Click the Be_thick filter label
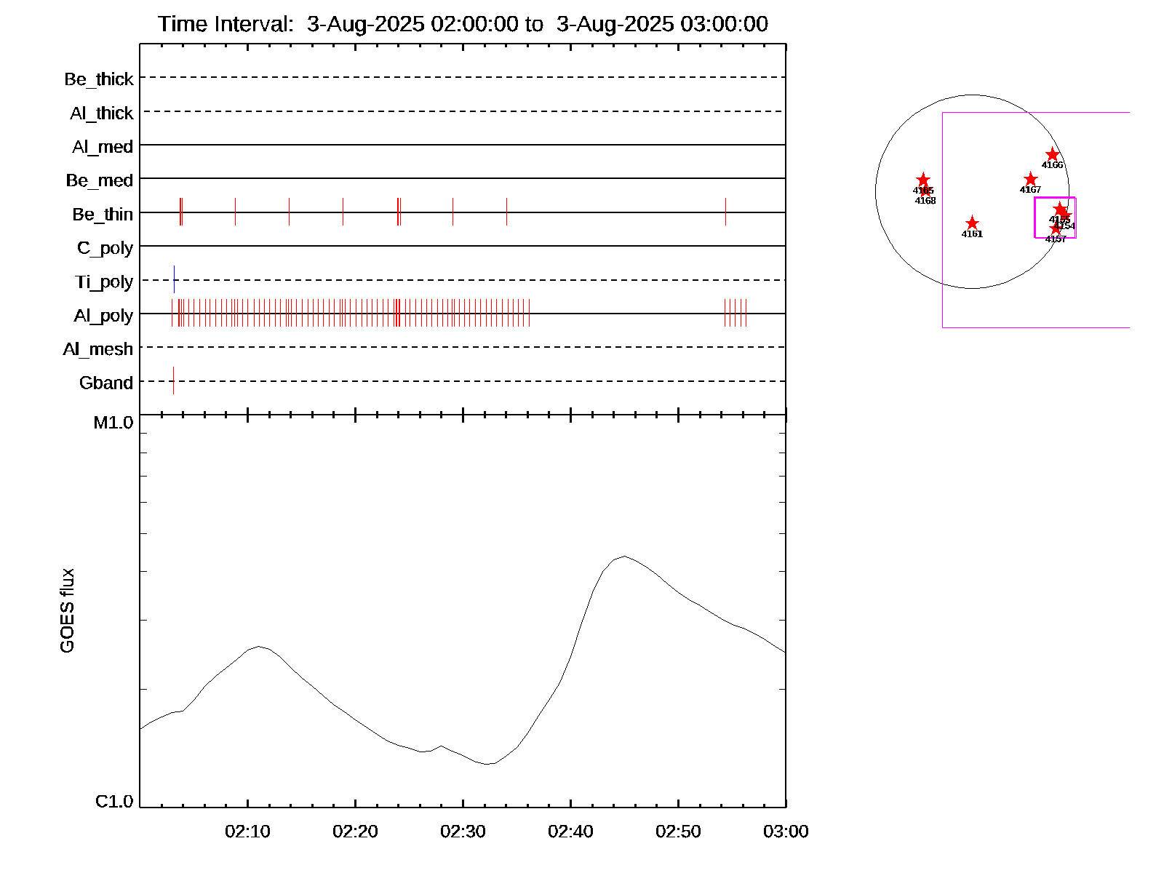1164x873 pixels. click(x=99, y=79)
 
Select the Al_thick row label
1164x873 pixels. click(x=102, y=113)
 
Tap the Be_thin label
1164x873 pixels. click(x=103, y=214)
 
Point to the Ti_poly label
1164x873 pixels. click(x=104, y=282)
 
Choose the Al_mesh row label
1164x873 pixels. click(x=98, y=349)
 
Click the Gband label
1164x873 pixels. click(x=106, y=383)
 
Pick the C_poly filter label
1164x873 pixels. click(x=105, y=248)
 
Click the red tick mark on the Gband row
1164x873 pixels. click(x=173, y=380)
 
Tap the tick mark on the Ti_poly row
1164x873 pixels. click(x=174, y=279)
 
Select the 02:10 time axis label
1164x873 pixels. click(x=247, y=832)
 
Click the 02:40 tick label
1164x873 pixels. click(x=570, y=832)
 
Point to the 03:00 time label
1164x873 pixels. click(x=786, y=832)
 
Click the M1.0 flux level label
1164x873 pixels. click(x=113, y=423)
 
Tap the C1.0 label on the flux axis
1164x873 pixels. click(x=114, y=802)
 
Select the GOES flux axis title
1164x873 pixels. click(x=67, y=611)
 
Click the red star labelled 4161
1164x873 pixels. click(x=972, y=223)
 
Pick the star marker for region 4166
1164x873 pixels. click(x=1052, y=155)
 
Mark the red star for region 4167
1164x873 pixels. click(x=1030, y=180)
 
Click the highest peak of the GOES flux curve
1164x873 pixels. click(x=623, y=557)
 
